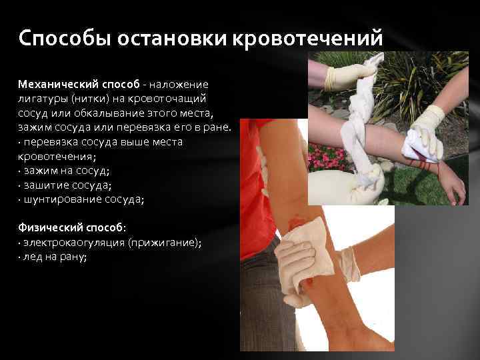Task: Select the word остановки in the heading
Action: point(171,39)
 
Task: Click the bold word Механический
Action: point(59,84)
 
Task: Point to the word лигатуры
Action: point(41,99)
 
